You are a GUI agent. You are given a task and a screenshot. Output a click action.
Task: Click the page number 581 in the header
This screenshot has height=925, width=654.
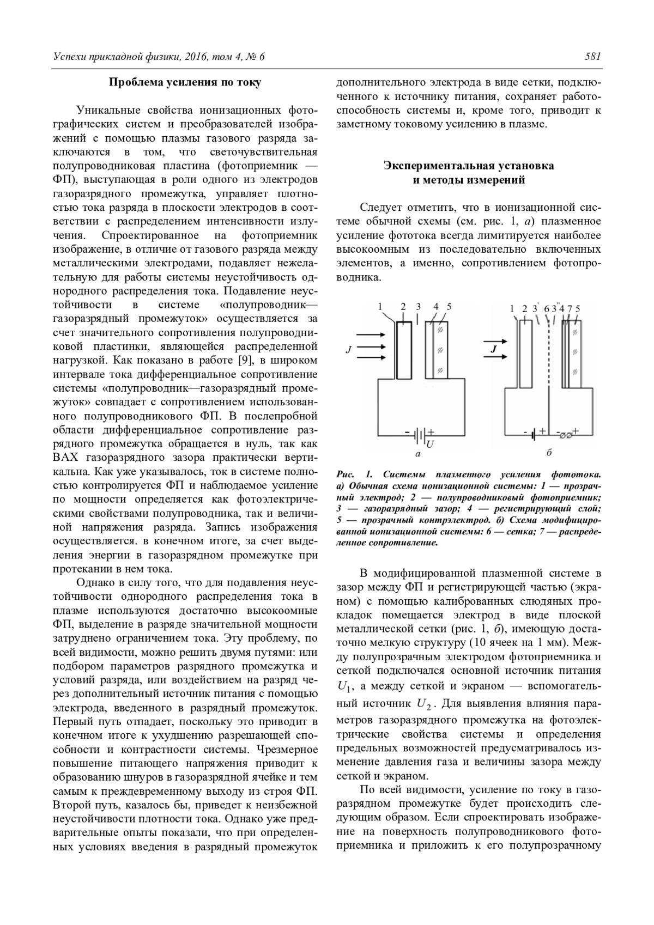tap(592, 56)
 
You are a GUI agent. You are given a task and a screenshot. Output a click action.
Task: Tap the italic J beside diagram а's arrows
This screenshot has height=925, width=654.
tap(347, 350)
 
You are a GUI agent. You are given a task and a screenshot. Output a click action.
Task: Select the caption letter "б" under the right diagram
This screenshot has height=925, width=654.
tap(549, 453)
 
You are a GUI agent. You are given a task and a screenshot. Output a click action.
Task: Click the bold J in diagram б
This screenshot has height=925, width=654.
tap(493, 350)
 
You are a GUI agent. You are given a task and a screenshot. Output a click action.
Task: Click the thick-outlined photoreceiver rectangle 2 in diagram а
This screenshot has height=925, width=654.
tap(403, 350)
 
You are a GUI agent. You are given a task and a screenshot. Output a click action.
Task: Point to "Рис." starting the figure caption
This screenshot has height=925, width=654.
tap(346, 474)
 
